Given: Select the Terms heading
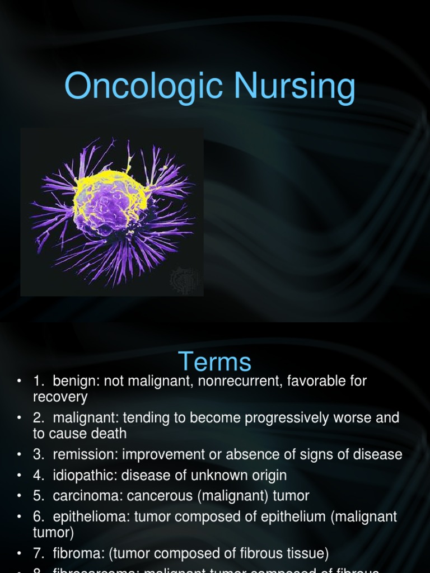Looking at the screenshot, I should [215, 361].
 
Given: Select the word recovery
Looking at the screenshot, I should [60, 397].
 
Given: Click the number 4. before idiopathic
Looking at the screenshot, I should [39, 476].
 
